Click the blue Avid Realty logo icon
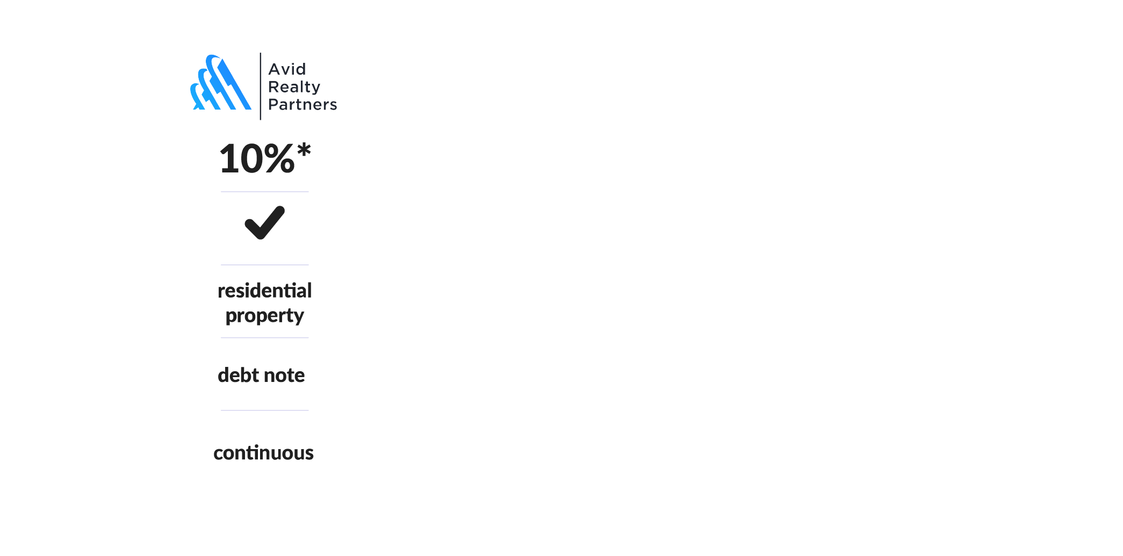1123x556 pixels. click(x=220, y=84)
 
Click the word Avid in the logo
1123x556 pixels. click(x=287, y=69)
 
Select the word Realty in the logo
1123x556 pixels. click(x=294, y=87)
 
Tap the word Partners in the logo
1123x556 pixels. click(x=303, y=104)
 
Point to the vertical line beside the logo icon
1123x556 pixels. click(x=261, y=86)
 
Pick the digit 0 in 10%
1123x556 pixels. click(x=251, y=159)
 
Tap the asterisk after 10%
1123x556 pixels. click(x=304, y=150)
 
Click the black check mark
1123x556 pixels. click(x=264, y=222)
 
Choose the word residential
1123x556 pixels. click(x=264, y=291)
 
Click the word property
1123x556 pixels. click(x=264, y=316)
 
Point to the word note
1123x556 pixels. click(x=284, y=375)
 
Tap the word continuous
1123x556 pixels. click(x=263, y=453)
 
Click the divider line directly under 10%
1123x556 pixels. click(x=264, y=192)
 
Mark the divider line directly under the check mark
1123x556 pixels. click(x=264, y=265)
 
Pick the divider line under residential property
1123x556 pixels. click(x=264, y=338)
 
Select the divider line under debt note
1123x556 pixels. click(x=264, y=410)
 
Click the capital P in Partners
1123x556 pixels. click(x=272, y=104)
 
